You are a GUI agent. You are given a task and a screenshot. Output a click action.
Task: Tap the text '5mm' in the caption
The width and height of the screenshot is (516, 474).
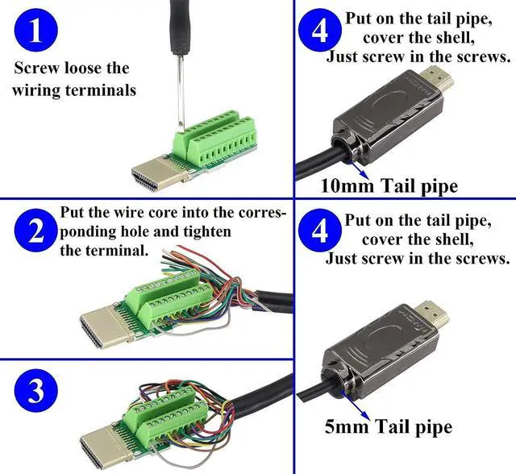click(340, 426)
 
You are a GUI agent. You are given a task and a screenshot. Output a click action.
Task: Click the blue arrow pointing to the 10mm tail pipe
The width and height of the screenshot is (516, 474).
click(358, 168)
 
